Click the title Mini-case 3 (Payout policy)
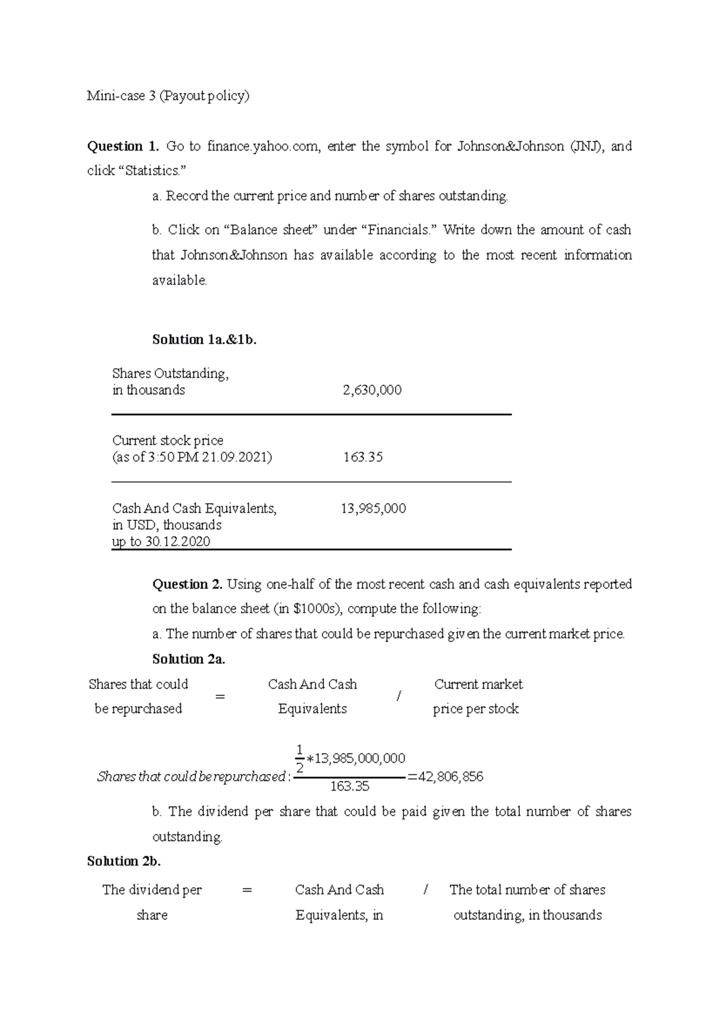click(x=168, y=96)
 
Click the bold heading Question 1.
click(x=123, y=146)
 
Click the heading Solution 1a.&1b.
click(x=204, y=340)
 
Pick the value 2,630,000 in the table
click(x=372, y=390)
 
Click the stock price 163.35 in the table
click(x=363, y=457)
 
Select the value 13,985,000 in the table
click(x=373, y=509)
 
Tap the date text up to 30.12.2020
click(x=161, y=542)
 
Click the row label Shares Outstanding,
click(x=170, y=374)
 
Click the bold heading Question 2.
click(x=188, y=585)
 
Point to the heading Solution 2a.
click(x=189, y=659)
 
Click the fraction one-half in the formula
click(x=300, y=758)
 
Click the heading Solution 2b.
click(x=124, y=862)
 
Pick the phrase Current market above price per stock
click(x=478, y=685)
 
